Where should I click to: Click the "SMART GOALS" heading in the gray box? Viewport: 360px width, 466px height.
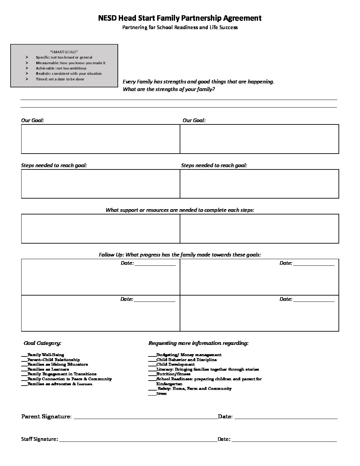click(x=64, y=52)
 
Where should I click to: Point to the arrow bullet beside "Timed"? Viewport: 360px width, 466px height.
click(x=27, y=79)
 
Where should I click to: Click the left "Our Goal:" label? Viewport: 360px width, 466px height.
click(x=32, y=120)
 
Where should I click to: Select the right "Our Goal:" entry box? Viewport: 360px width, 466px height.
click(x=259, y=139)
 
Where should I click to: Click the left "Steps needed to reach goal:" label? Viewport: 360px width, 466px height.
click(x=54, y=165)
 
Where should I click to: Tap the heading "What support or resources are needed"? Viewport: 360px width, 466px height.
click(x=180, y=210)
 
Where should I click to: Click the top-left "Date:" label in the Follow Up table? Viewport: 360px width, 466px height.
click(x=127, y=263)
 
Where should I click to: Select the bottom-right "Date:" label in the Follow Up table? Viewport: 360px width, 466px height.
click(x=286, y=299)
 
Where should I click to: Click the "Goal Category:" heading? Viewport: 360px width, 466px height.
click(x=42, y=343)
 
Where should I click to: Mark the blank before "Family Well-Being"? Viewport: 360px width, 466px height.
click(x=24, y=355)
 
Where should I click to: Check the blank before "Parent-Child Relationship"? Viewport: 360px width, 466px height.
click(x=24, y=360)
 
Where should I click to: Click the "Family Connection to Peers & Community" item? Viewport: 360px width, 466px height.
click(x=69, y=379)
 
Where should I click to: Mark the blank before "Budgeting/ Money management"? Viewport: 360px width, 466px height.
click(x=152, y=355)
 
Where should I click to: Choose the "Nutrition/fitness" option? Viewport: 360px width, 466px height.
click(x=173, y=374)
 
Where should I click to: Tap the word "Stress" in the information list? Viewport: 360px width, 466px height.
click(x=161, y=394)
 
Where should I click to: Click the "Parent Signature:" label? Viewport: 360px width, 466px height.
click(x=46, y=416)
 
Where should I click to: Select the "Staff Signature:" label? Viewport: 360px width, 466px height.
click(x=40, y=439)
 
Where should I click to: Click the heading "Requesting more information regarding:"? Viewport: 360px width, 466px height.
click(x=198, y=343)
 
